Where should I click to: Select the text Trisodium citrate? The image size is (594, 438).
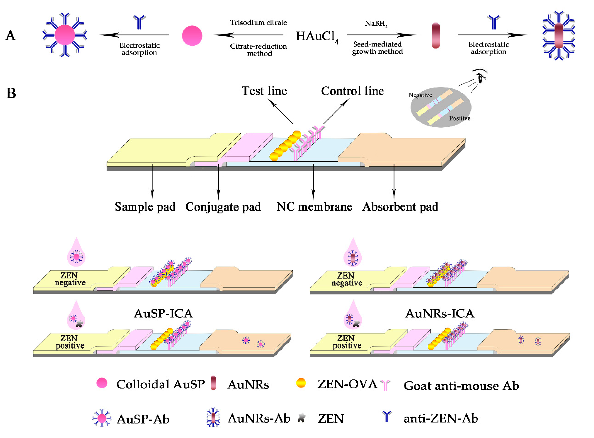click(258, 22)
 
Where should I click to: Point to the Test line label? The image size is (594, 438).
click(264, 91)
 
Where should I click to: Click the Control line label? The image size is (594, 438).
click(353, 91)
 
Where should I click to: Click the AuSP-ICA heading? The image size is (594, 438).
click(163, 314)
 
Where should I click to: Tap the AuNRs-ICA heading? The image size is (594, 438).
click(440, 314)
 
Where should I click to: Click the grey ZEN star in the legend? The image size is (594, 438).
click(301, 418)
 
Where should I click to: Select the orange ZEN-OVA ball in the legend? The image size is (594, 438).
click(301, 383)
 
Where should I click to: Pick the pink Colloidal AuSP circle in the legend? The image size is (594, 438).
click(102, 383)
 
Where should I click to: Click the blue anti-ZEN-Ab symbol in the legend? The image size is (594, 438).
click(387, 417)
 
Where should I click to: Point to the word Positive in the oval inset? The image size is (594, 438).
click(460, 118)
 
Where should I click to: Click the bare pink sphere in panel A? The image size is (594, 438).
click(192, 36)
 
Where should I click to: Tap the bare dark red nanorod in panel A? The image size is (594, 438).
click(436, 36)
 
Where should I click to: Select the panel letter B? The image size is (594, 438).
click(11, 93)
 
